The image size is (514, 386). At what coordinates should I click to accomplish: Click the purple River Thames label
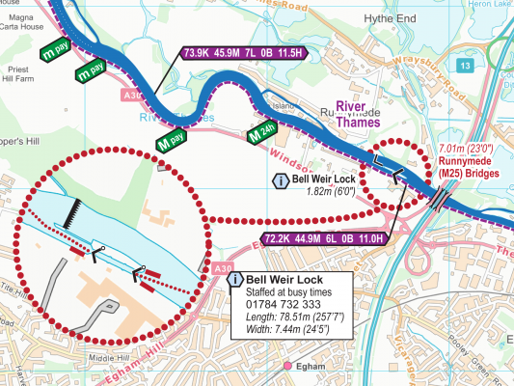click(360, 114)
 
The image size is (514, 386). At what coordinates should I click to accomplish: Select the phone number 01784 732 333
click(278, 306)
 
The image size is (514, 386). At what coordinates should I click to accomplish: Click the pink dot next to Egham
click(288, 366)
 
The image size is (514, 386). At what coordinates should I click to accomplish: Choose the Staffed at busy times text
click(286, 292)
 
